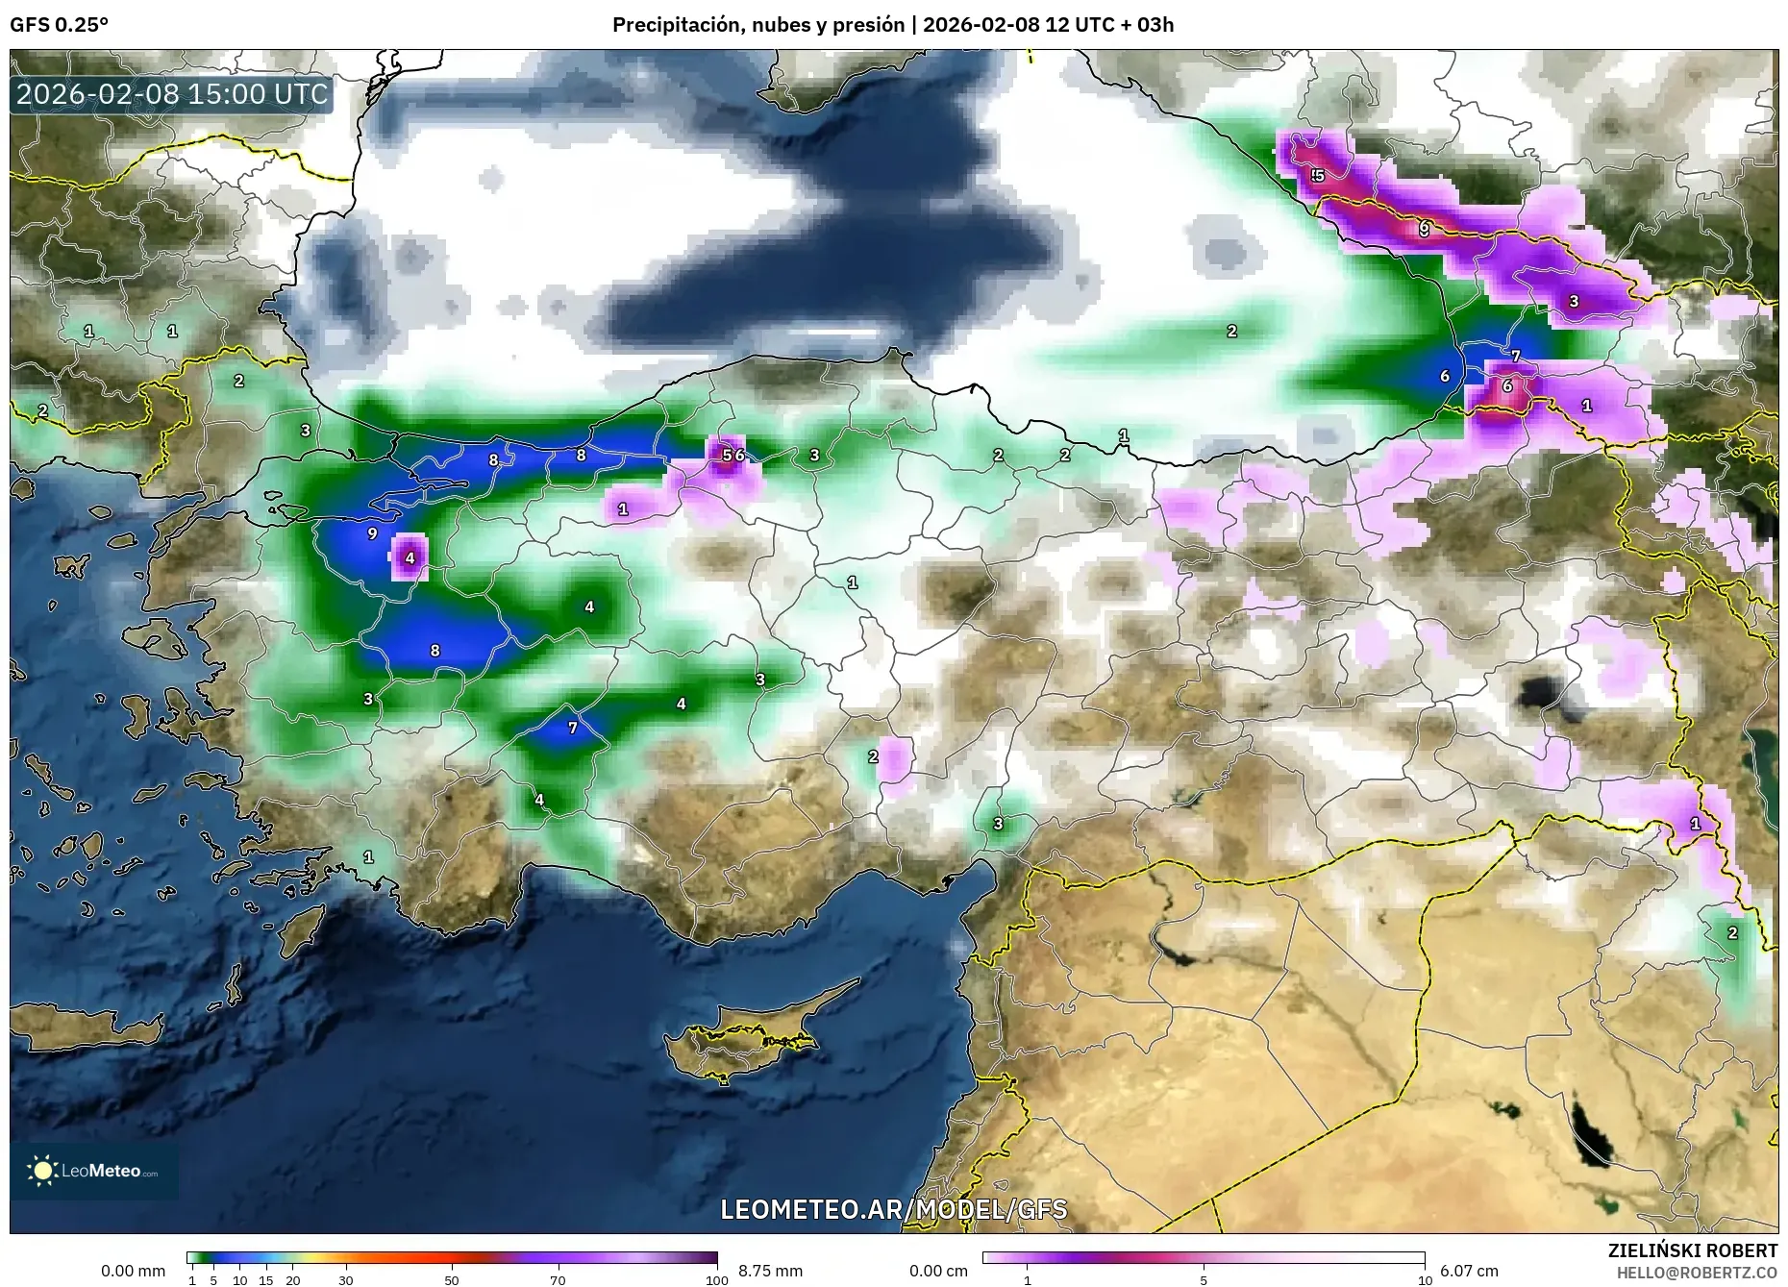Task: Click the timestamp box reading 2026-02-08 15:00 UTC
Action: tap(172, 94)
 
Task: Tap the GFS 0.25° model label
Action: tap(59, 25)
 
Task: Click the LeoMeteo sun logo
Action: tap(42, 1170)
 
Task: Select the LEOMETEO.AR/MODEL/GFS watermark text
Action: tap(893, 1208)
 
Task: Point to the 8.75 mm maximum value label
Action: tap(770, 1271)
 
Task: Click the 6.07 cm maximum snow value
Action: tap(1469, 1271)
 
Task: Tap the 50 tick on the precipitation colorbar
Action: tap(452, 1279)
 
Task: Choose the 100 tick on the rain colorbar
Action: tap(716, 1279)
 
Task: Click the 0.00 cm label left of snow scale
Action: tap(938, 1271)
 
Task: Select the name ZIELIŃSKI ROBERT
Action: tap(1692, 1250)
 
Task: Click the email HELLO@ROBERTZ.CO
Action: tap(1697, 1273)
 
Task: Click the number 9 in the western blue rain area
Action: tap(373, 533)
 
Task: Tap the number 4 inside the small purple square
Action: tap(410, 557)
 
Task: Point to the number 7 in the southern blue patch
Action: tap(573, 728)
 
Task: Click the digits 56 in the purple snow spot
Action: tap(733, 455)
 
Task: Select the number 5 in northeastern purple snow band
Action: tap(1318, 176)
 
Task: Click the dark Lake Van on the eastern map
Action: tap(1544, 693)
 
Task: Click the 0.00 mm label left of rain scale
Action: tap(133, 1271)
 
